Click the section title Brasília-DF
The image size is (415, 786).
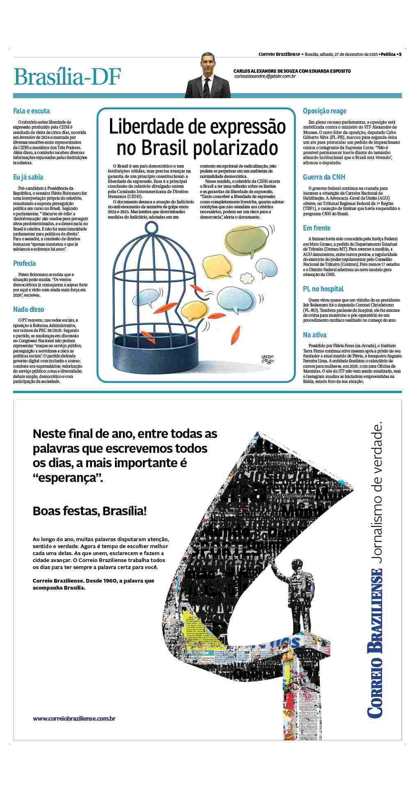point(67,77)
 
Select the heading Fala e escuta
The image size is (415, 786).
point(32,111)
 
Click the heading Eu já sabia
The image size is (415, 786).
point(28,177)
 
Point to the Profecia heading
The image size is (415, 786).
point(25,263)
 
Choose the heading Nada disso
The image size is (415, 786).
point(29,309)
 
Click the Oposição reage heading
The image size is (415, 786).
point(324,111)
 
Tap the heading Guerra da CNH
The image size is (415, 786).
point(324,177)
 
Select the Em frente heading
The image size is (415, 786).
point(316,228)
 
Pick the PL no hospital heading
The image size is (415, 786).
point(323,289)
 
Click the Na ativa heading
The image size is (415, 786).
point(314,335)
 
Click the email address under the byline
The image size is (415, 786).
point(265,76)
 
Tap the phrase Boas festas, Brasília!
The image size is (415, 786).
point(89,511)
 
